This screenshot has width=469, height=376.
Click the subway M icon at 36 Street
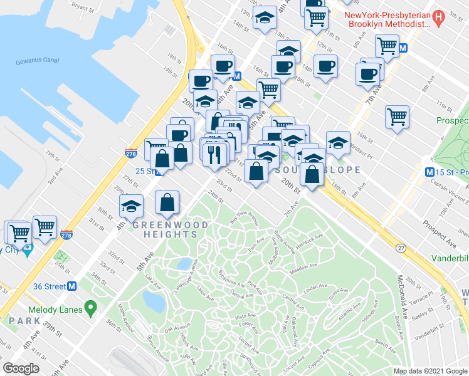(x=72, y=286)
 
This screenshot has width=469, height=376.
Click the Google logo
(x=21, y=369)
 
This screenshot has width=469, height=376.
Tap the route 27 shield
(x=401, y=248)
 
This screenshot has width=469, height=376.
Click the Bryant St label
(x=83, y=8)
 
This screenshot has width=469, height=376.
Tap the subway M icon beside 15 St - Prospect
(x=430, y=172)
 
